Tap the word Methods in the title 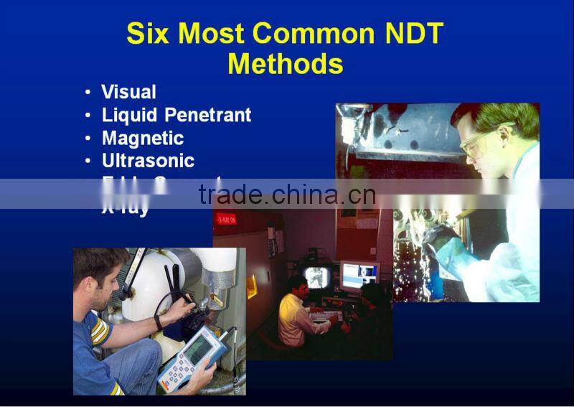(285, 65)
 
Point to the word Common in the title (314, 34)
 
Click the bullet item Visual (128, 92)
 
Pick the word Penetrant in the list (208, 115)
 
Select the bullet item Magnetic (143, 138)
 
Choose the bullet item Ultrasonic (148, 161)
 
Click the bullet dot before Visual (88, 93)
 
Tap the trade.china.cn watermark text (287, 194)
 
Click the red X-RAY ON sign (225, 219)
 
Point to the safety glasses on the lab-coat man (475, 141)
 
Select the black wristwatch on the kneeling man (158, 322)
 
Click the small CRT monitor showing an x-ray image (316, 276)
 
